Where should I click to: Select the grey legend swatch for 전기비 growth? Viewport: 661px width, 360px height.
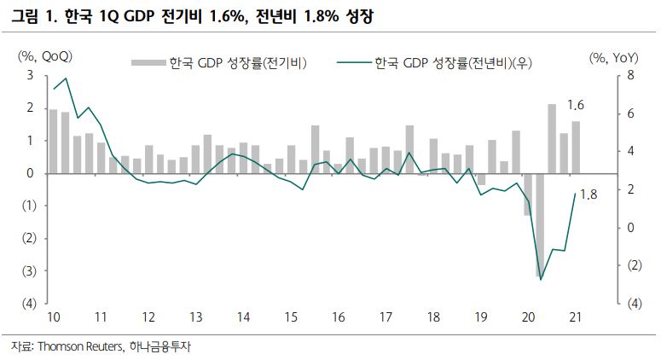[147, 62]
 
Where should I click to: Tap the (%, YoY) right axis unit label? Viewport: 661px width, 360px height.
[613, 56]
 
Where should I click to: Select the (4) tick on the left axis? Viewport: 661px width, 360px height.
[27, 304]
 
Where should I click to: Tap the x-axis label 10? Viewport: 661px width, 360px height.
[53, 317]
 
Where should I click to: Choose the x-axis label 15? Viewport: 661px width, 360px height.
[291, 317]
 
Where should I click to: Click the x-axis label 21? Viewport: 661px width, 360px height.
[574, 317]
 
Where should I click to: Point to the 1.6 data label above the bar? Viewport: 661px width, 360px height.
[575, 106]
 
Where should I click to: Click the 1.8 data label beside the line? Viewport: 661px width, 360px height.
[588, 195]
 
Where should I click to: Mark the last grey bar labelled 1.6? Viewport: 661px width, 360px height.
[576, 147]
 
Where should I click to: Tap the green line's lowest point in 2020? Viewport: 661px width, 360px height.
[541, 279]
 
